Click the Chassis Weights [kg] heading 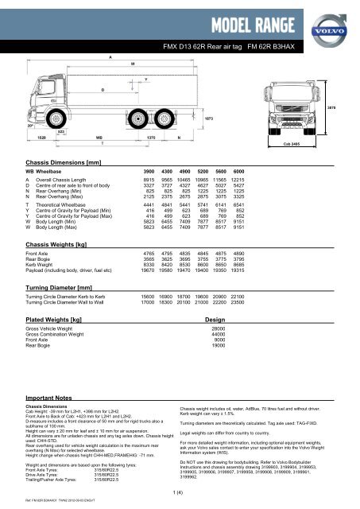point(59,238)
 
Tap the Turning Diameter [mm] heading point(62,286)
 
